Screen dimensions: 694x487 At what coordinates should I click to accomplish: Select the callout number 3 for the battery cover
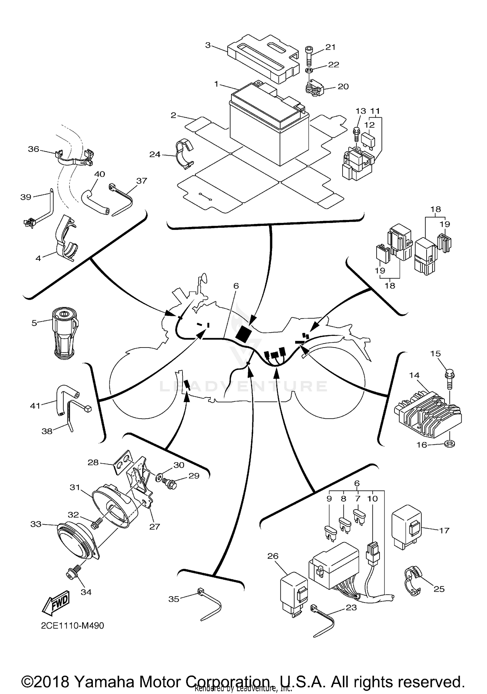tap(208, 45)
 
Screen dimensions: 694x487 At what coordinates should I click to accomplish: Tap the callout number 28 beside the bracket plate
tap(93, 462)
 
